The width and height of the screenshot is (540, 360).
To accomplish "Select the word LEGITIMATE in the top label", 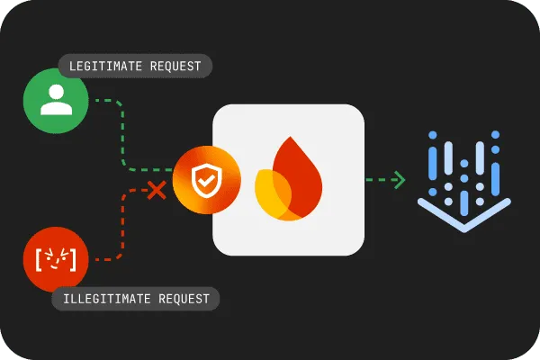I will pos(103,66).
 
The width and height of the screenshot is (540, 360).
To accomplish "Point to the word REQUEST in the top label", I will pos(176,66).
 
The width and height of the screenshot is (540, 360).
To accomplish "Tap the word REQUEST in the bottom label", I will pos(184,299).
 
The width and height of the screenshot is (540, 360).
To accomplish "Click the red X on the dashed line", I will pos(157,190).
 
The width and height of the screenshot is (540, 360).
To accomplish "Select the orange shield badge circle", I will pos(206,180).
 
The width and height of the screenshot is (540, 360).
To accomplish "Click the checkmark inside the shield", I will pos(206,181).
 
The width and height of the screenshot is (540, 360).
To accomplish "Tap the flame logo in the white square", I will pos(288,180).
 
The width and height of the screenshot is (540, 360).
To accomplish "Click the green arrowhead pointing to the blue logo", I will pos(399,180).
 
